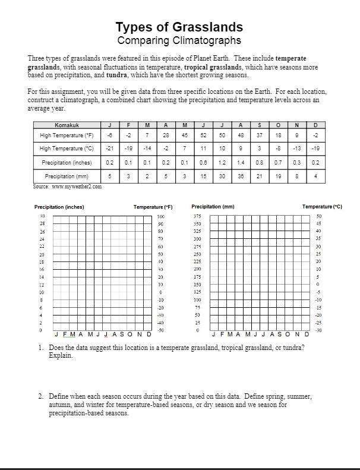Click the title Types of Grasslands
[x=179, y=27]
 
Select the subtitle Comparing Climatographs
[x=179, y=40]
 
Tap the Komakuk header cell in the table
[x=67, y=125]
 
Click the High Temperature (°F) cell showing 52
[x=204, y=135]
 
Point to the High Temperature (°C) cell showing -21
[x=109, y=149]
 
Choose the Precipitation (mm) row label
[x=67, y=176]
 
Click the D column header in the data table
[x=315, y=125]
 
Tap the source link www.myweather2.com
[x=77, y=187]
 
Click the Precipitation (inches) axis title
[x=59, y=207]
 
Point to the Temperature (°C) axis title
[x=322, y=207]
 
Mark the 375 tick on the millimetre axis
[x=197, y=216]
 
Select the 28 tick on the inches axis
[x=42, y=224]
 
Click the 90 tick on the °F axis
[x=160, y=224]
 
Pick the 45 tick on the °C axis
[x=318, y=224]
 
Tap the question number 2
[x=40, y=396]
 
